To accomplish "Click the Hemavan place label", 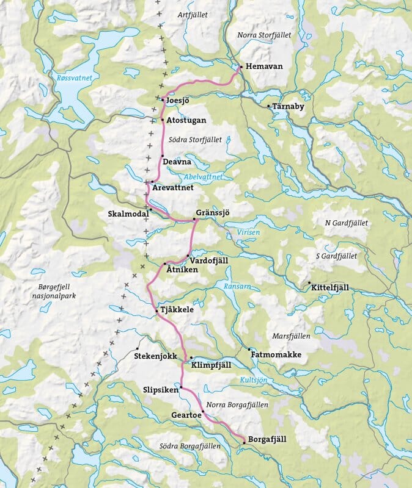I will [x=265, y=66].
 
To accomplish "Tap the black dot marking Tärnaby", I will [x=268, y=106].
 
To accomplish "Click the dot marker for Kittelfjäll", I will [x=309, y=283].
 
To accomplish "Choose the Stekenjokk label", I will [x=156, y=354].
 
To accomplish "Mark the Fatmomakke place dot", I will [x=249, y=350].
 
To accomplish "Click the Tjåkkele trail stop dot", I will [x=157, y=310].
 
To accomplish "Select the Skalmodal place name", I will [x=127, y=214].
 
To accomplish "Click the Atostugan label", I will [x=186, y=120].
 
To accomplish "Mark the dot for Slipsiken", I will [x=181, y=387].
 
